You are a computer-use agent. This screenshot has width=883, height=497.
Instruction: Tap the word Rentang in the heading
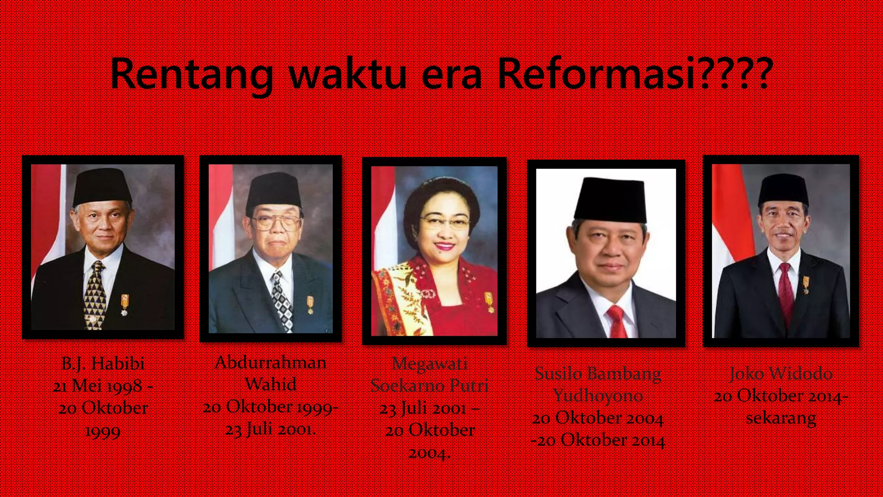click(191, 74)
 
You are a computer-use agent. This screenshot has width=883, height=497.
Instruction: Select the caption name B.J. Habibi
click(103, 364)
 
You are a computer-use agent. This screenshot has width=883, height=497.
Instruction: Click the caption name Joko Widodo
click(781, 374)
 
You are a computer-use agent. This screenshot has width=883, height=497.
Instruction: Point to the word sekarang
click(781, 418)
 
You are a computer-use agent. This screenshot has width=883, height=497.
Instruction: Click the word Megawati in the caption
click(429, 364)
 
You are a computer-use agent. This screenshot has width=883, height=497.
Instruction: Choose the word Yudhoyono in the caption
click(598, 396)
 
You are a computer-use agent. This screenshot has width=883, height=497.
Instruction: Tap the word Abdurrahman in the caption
click(270, 362)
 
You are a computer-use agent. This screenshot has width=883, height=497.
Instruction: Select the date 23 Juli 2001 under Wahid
click(270, 429)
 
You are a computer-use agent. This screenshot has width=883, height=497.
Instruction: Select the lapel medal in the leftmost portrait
click(125, 304)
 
